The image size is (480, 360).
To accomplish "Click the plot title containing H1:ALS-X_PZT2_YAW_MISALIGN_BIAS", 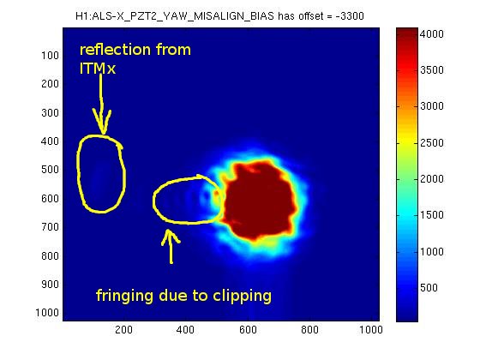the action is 219,16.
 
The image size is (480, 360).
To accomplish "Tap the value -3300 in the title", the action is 350,16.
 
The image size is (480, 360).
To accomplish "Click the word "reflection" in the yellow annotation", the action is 115,50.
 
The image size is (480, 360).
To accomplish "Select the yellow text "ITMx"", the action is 98,69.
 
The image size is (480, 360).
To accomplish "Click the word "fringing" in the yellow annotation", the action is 125,297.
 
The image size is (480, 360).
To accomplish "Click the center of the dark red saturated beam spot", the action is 259,201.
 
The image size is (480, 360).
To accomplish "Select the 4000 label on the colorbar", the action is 432,34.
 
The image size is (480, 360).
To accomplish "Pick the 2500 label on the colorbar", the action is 432,142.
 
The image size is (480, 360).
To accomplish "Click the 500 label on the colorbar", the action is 429,287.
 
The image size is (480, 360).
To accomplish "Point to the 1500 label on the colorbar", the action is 432,215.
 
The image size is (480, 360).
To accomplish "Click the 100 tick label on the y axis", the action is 50,56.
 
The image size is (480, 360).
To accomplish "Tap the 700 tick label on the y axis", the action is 50,227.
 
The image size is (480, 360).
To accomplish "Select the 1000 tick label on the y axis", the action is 47,313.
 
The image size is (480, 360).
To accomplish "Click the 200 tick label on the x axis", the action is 124,330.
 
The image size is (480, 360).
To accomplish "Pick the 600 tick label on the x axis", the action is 248,330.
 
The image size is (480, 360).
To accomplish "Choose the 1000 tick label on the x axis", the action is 371,330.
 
